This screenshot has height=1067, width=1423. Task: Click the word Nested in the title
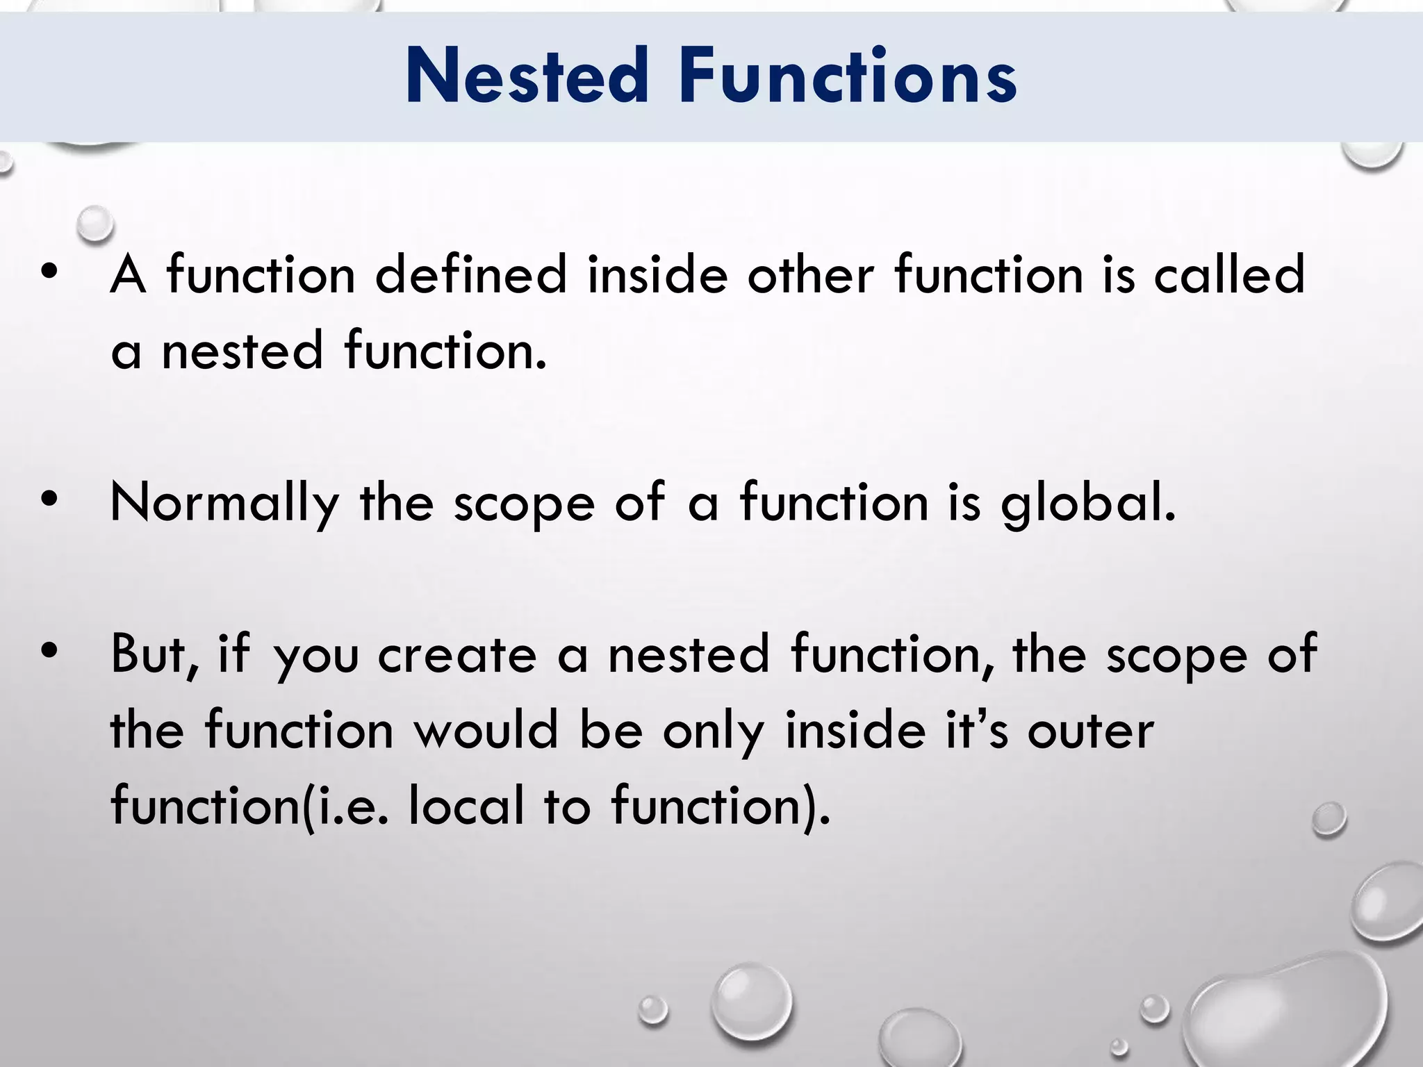(526, 76)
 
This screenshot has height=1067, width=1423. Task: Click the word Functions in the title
(848, 76)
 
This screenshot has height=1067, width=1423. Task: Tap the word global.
(1088, 503)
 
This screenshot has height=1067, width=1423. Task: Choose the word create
(456, 654)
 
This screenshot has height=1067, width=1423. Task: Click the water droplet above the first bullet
(95, 224)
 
